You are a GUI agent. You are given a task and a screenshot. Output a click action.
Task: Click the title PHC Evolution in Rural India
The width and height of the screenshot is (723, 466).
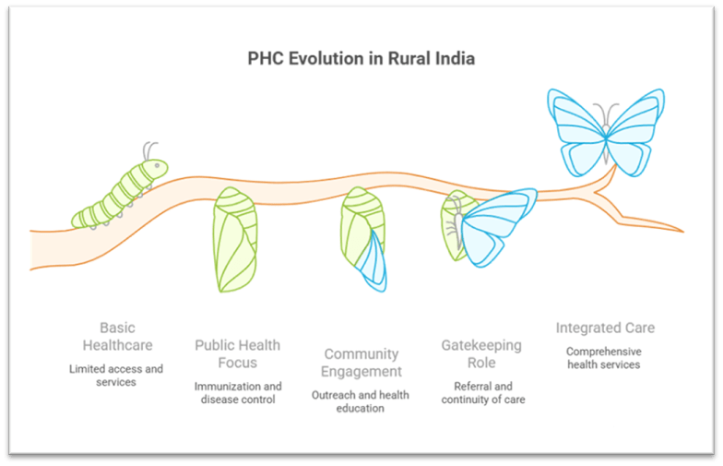(x=361, y=58)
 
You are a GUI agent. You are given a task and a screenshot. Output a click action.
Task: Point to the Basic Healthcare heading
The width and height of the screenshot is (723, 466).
(x=116, y=337)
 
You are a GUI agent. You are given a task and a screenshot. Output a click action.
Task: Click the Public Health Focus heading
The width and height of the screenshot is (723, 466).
(x=237, y=354)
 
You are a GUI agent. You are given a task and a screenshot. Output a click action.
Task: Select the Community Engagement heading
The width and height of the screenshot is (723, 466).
(x=361, y=363)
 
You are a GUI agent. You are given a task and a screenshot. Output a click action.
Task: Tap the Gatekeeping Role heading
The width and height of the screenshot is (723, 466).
(x=481, y=354)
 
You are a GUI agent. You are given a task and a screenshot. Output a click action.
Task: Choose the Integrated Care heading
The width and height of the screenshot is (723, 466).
(x=605, y=328)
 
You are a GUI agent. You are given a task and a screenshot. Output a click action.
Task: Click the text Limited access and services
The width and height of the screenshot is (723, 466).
(x=116, y=376)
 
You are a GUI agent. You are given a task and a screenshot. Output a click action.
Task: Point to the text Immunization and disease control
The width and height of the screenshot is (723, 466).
(x=237, y=392)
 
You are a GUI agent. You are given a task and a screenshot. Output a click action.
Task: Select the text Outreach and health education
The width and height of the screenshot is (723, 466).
(x=361, y=401)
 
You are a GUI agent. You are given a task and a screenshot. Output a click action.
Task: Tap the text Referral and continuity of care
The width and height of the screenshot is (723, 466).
(x=481, y=392)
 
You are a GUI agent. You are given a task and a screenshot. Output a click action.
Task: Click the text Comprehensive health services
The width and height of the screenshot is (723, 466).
(x=604, y=358)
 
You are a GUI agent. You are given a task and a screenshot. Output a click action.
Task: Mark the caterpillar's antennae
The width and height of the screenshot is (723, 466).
(x=150, y=150)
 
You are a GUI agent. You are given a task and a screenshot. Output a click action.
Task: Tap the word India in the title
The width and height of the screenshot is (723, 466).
(x=456, y=58)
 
